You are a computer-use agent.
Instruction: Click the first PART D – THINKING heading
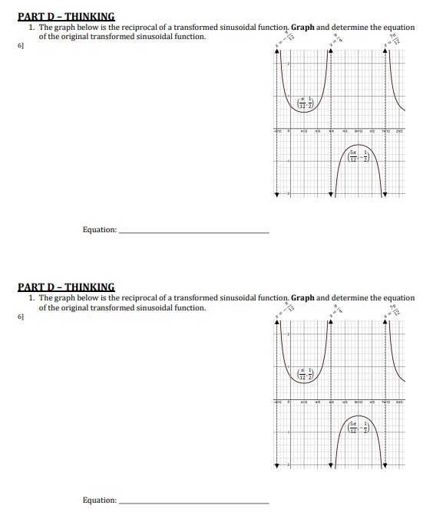pos(66,15)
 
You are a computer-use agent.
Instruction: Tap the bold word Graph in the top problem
pos(303,27)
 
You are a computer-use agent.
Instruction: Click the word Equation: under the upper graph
pos(101,229)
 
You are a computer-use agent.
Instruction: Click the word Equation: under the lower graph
pos(101,500)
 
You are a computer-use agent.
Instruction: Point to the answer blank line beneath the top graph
pos(195,231)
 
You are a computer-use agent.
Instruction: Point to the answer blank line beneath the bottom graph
pos(195,503)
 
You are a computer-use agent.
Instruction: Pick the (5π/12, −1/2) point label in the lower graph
pos(359,428)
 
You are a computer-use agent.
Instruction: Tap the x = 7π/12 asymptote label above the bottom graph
pos(395,310)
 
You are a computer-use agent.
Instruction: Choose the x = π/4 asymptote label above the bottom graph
pos(335,310)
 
